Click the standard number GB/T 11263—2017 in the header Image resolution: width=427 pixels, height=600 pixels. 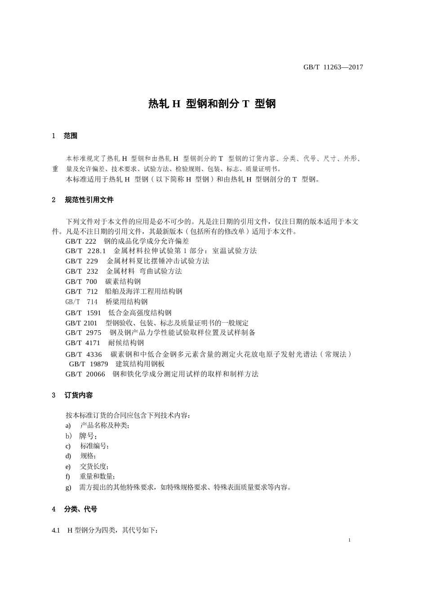click(333, 67)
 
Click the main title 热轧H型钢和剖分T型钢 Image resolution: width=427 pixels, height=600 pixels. click(212, 104)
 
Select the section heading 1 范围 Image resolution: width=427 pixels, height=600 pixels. click(65, 136)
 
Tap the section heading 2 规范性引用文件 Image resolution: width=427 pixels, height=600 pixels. click(83, 200)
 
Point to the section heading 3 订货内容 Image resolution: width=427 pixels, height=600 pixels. click(72, 395)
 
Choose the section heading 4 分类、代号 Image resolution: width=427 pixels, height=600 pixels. click(75, 509)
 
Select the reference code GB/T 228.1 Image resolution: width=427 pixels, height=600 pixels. click(85, 251)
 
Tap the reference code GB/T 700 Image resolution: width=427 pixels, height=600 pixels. click(81, 281)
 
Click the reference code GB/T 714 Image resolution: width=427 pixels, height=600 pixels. click(81, 302)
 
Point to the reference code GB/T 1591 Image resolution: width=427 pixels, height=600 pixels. click(83, 313)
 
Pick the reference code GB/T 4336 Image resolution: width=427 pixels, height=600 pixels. click(84, 354)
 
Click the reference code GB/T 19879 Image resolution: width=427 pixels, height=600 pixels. click(89, 364)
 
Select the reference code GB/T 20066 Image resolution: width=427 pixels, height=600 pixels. click(85, 374)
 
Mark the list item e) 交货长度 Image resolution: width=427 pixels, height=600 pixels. click(87, 467)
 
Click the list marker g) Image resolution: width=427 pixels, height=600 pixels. click(68, 487)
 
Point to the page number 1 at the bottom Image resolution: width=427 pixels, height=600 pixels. click(349, 540)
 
